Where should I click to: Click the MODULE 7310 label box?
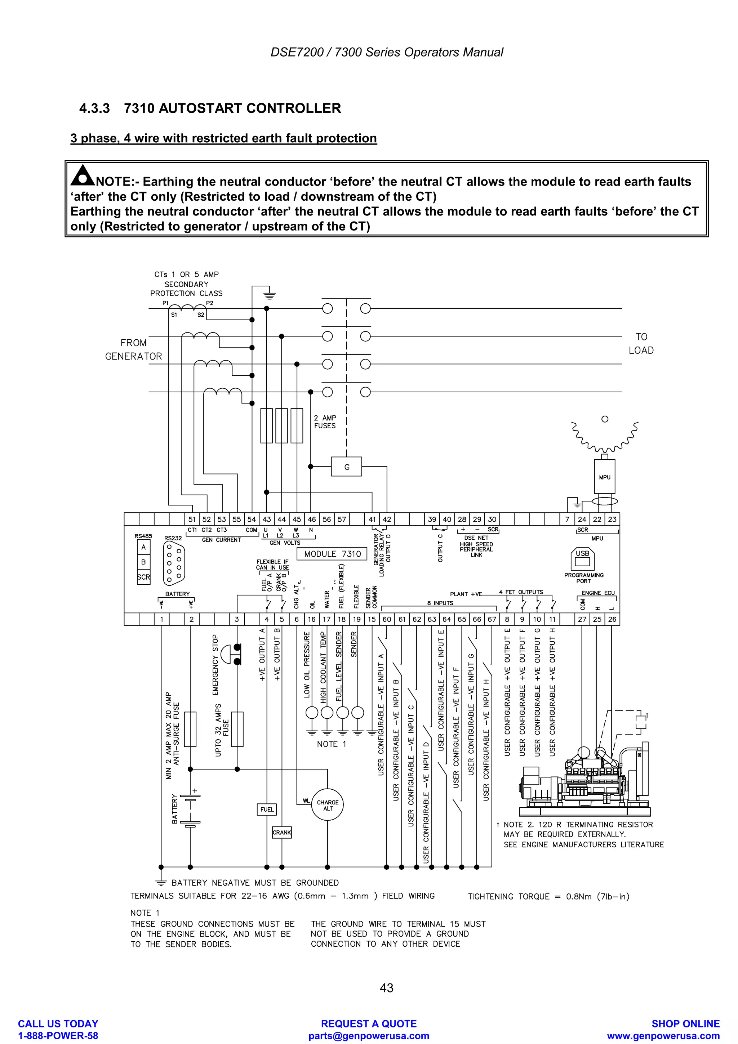point(332,554)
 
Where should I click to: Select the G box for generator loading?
point(347,467)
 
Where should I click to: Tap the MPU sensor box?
point(604,477)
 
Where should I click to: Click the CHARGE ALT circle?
point(328,805)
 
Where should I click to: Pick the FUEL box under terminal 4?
point(267,809)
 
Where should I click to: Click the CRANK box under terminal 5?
point(281,833)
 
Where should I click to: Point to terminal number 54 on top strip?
point(252,519)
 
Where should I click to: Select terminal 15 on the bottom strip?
point(372,619)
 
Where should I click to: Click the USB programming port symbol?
point(582,558)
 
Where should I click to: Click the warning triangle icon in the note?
point(82,176)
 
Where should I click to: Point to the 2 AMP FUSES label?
point(325,421)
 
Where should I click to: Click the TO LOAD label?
point(641,343)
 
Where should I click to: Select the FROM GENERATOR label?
point(133,349)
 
